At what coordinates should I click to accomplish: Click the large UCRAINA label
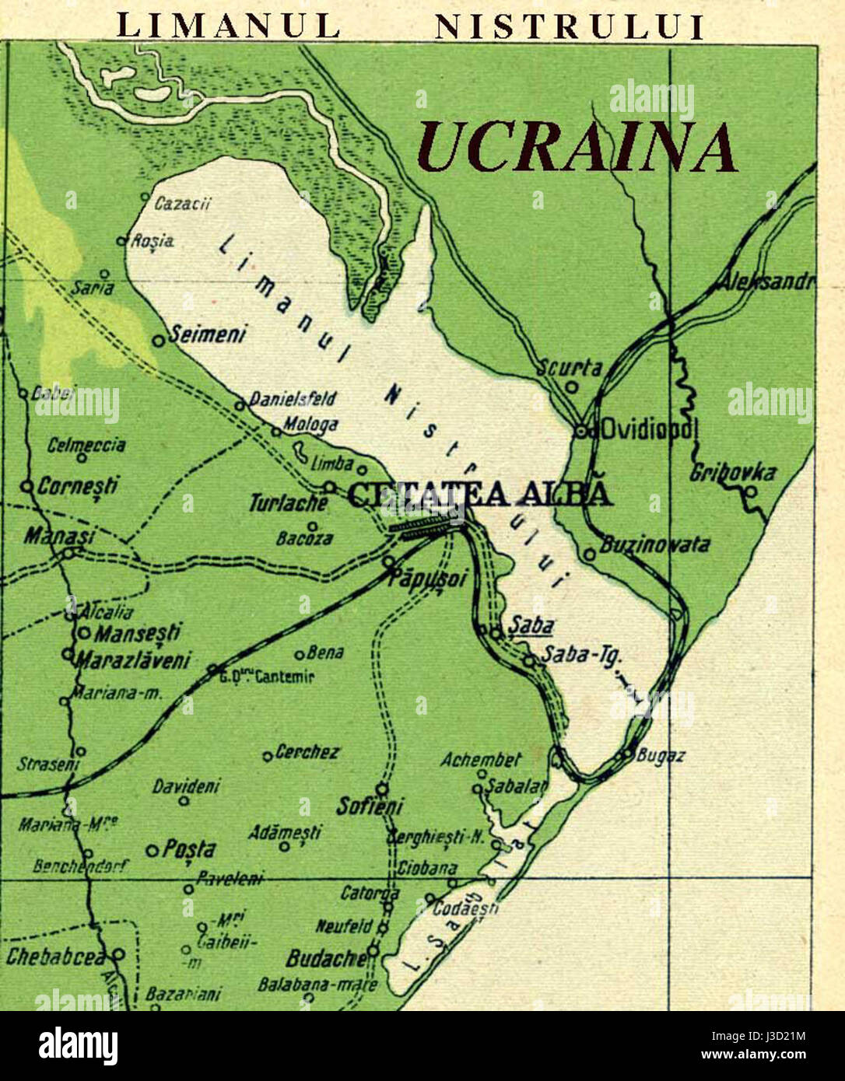[577, 148]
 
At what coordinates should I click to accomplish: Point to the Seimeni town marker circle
[158, 340]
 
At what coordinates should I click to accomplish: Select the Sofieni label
[369, 806]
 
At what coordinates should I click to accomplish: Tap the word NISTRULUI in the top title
[569, 26]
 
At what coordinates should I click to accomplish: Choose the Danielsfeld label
[293, 399]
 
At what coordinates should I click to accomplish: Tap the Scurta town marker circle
[572, 385]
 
